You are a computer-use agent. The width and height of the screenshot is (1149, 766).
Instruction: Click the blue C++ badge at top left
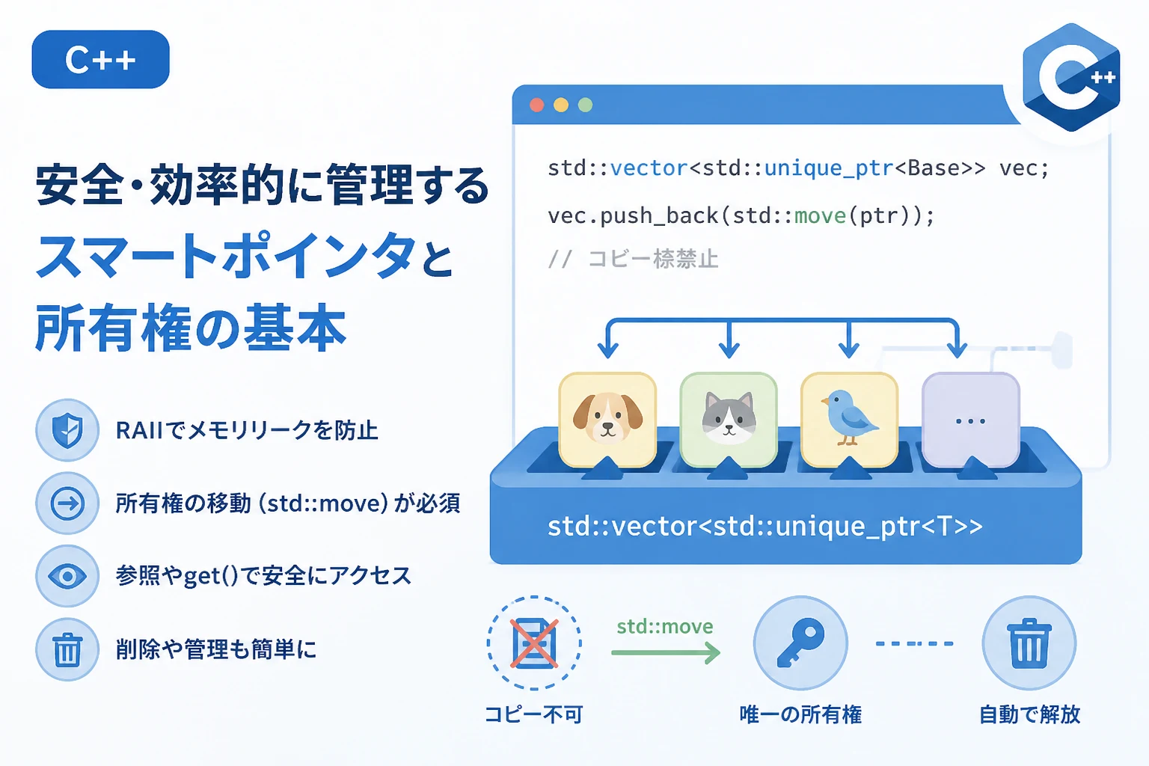100,59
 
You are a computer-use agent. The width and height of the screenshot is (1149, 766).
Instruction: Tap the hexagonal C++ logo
1071,78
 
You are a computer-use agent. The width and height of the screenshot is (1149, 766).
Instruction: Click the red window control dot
536,105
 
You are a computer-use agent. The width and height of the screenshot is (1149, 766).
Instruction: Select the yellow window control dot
560,105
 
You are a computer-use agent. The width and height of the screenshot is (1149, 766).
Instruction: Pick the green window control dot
585,105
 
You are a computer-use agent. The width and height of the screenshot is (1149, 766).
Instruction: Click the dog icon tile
607,420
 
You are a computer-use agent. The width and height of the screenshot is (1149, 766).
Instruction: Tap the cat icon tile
729,420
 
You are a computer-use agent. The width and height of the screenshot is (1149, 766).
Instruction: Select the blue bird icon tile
850,420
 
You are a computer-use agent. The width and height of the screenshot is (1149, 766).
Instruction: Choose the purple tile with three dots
970,420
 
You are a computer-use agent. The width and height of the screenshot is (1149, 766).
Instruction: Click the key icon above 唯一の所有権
800,643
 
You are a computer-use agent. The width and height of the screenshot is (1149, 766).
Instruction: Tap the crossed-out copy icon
534,643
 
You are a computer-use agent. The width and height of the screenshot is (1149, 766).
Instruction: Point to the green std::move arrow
666,653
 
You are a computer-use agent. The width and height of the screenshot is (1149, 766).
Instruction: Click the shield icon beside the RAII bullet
67,430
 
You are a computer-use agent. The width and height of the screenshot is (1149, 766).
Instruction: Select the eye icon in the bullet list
67,576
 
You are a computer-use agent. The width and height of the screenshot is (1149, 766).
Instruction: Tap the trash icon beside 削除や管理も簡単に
67,649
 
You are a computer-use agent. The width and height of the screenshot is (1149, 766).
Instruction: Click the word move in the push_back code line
820,216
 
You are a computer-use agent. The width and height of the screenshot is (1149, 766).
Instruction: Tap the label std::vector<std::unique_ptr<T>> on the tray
765,527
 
